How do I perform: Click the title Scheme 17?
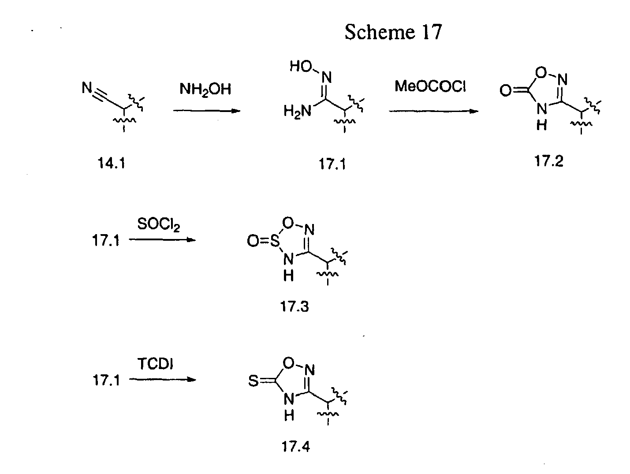[393, 32]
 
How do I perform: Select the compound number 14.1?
[111, 164]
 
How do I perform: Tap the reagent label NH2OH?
[205, 90]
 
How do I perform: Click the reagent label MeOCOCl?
[430, 86]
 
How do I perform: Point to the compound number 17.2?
[549, 161]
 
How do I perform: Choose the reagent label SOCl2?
[159, 224]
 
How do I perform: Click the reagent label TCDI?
[156, 364]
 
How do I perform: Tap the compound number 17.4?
[295, 447]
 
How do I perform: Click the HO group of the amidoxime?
[301, 67]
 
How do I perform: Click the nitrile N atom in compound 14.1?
[86, 89]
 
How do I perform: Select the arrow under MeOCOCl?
[433, 111]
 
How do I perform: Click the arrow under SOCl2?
[162, 240]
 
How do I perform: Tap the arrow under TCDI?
[162, 380]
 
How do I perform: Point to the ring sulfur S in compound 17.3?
[275, 241]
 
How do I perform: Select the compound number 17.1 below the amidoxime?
[332, 164]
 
